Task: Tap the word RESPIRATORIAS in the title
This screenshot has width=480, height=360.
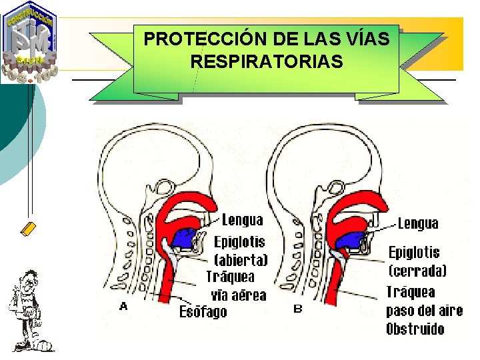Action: [267, 62]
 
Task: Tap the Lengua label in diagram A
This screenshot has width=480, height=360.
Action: [242, 219]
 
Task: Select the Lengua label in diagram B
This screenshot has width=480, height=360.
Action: [418, 223]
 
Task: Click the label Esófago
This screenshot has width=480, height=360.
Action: [203, 312]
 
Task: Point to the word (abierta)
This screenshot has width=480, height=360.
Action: [241, 260]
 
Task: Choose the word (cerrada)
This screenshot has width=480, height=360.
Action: [417, 271]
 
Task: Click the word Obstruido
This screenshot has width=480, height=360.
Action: [415, 329]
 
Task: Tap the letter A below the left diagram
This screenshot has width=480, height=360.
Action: [123, 307]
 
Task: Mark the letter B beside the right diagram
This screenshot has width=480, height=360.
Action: [298, 309]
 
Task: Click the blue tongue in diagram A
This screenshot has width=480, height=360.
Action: [185, 236]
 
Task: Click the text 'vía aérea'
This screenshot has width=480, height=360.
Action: [238, 295]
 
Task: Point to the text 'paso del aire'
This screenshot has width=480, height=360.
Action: [415, 311]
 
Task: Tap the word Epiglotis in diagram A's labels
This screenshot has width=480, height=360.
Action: [239, 242]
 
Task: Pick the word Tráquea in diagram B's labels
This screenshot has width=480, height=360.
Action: [411, 291]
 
